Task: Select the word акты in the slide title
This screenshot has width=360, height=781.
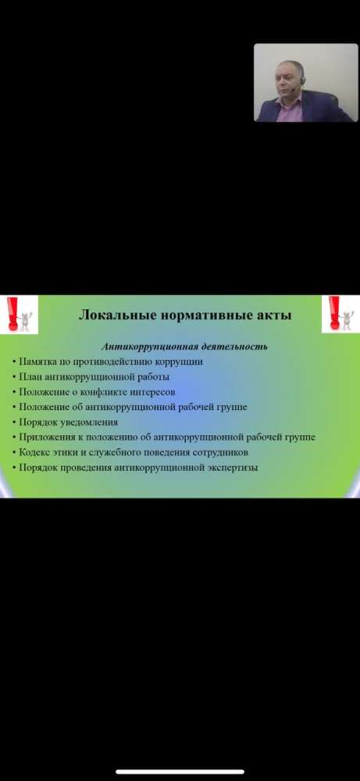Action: pyautogui.click(x=273, y=316)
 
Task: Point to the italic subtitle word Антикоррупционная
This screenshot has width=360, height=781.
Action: pyautogui.click(x=147, y=347)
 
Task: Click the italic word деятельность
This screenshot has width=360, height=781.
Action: pyautogui.click(x=231, y=346)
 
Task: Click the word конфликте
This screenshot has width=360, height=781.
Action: pyautogui.click(x=105, y=392)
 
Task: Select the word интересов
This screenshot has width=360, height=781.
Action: pyautogui.click(x=153, y=393)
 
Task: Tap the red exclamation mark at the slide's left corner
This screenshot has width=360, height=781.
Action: pyautogui.click(x=12, y=313)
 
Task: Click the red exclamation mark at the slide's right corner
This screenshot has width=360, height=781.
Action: pyautogui.click(x=334, y=313)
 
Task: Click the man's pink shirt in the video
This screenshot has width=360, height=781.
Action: pyautogui.click(x=289, y=111)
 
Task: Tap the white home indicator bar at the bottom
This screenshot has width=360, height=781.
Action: pyautogui.click(x=180, y=772)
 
